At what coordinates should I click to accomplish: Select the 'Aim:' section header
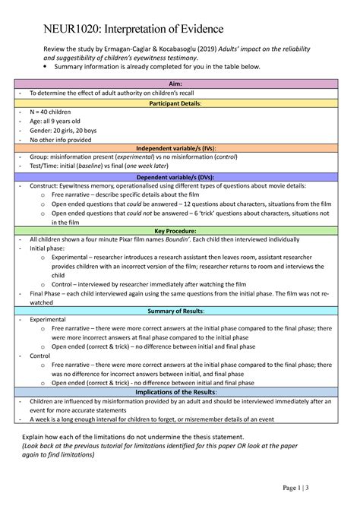(x=180, y=82)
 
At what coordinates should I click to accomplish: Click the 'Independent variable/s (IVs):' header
(x=180, y=147)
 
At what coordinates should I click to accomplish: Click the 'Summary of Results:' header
(x=180, y=310)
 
